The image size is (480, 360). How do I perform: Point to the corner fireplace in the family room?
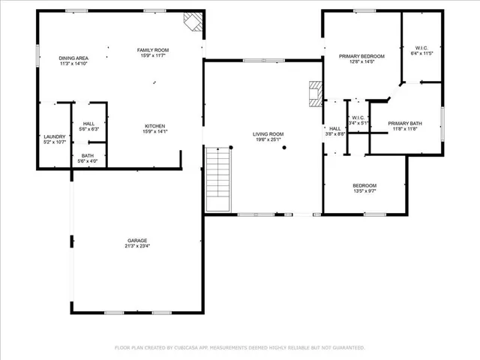tap(195, 22)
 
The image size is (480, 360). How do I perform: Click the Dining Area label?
tap(74, 58)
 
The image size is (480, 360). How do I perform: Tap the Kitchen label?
tap(155, 126)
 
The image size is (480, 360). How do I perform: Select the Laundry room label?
tap(55, 136)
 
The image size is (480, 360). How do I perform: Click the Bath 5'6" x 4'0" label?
tap(88, 156)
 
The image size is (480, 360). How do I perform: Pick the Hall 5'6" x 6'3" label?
tap(88, 124)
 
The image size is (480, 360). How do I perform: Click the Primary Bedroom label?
tap(361, 56)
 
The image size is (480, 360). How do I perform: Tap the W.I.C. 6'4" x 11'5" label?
tap(421, 50)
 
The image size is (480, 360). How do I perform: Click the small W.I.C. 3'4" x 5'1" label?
tap(357, 118)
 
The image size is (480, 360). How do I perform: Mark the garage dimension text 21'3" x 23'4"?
tap(136, 245)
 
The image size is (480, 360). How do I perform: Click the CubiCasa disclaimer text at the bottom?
tap(239, 347)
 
